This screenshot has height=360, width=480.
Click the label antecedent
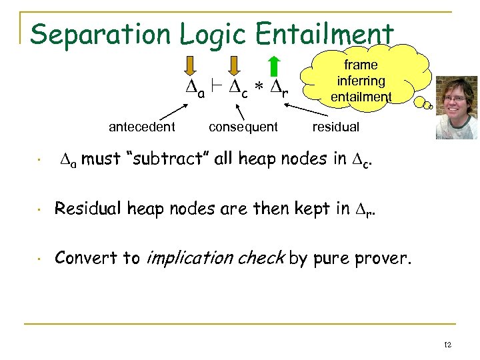(142, 127)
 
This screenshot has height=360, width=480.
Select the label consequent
(243, 127)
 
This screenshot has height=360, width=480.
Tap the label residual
(336, 127)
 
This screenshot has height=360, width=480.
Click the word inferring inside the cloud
(361, 81)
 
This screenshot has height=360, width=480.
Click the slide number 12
(447, 345)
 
